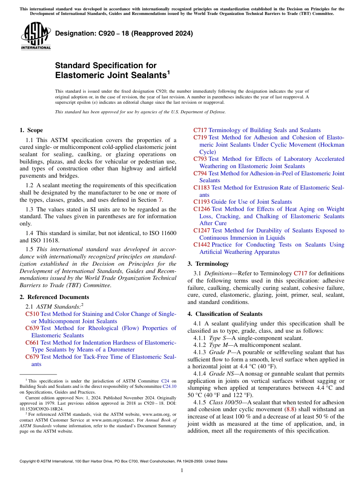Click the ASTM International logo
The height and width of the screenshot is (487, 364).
[x=36, y=36]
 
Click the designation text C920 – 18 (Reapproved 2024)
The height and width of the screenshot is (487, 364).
[x=124, y=33]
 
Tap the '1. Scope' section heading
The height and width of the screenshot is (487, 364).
[x=31, y=130]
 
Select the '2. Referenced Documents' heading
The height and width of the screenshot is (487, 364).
[x=54, y=297]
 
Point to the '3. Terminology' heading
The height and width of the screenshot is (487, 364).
[x=208, y=264]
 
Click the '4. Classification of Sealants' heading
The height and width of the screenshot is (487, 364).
[x=225, y=314]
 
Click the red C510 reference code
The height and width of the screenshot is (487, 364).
[x=32, y=314]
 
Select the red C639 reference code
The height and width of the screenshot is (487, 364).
[x=32, y=328]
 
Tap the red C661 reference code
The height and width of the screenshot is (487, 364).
[x=32, y=343]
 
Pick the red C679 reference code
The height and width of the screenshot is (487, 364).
[x=32, y=357]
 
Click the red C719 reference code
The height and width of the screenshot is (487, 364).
[x=200, y=137]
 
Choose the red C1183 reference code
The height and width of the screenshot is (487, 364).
[x=202, y=188]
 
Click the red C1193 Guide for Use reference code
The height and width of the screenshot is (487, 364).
[x=202, y=202]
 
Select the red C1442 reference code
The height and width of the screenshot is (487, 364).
[x=202, y=245]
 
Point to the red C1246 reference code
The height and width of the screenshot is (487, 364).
[x=202, y=209]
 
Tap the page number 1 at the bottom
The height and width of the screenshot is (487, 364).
[x=182, y=471]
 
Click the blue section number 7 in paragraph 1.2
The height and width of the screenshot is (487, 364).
[x=160, y=200]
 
